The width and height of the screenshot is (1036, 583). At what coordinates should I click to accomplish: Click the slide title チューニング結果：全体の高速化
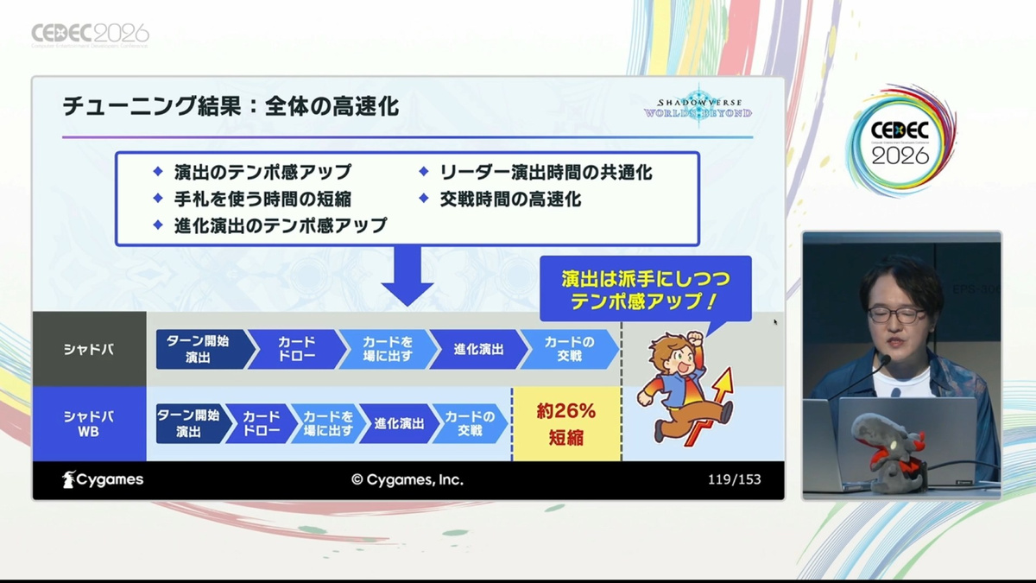[x=231, y=106]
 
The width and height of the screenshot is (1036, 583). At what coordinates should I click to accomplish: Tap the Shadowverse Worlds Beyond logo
[x=698, y=108]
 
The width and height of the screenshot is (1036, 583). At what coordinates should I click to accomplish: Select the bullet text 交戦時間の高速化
[x=510, y=200]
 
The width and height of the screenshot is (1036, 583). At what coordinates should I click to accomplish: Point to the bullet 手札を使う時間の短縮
[x=262, y=200]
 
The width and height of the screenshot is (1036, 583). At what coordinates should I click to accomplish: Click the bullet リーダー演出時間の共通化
[x=546, y=173]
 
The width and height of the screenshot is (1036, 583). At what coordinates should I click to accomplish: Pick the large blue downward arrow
[x=407, y=276]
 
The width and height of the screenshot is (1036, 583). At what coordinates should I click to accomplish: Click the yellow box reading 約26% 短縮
[x=566, y=424]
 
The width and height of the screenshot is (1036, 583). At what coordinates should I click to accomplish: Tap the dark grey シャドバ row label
[x=89, y=349]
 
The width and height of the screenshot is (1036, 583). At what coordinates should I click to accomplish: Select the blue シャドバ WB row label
[x=89, y=424]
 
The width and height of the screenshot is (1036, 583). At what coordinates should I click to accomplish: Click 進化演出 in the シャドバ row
[x=478, y=349]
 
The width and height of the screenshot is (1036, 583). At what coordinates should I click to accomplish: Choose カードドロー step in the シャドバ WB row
[x=262, y=424]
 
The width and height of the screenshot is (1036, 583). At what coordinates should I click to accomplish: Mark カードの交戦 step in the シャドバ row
[x=570, y=349]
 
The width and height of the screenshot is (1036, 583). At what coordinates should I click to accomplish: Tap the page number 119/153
[x=735, y=479]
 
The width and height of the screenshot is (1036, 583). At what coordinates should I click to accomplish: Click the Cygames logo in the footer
[x=103, y=480]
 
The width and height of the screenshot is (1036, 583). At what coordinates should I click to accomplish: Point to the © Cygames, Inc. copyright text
[x=407, y=480]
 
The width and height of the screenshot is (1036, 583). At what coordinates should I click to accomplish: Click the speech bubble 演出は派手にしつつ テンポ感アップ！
[x=646, y=289]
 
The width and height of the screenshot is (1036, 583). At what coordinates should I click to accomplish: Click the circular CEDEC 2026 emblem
[x=900, y=141]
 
